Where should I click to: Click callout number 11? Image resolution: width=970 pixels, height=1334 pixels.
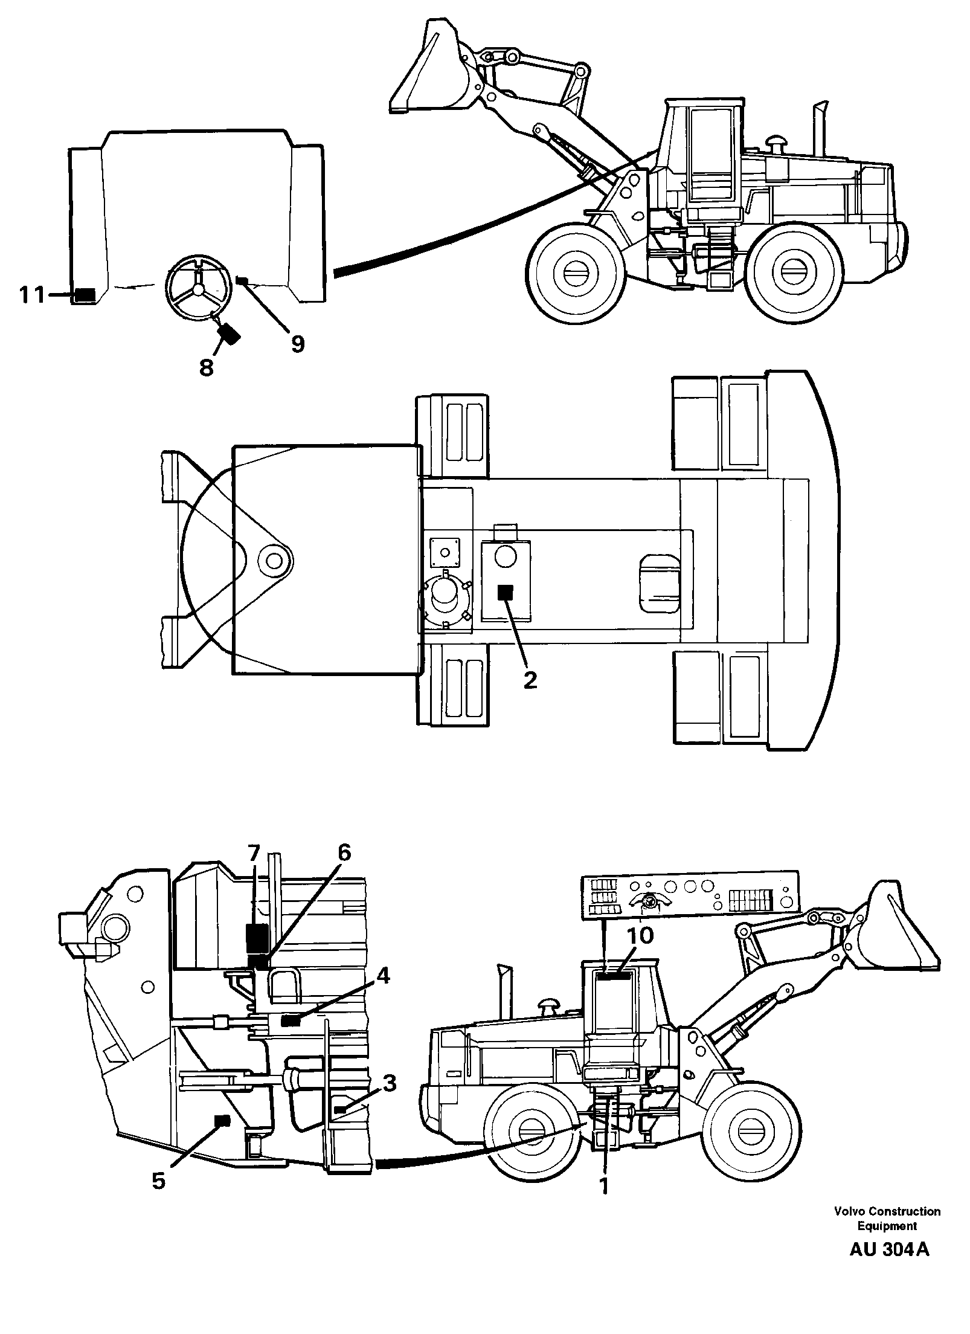click(31, 296)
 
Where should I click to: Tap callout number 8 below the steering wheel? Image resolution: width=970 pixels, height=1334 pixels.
click(207, 367)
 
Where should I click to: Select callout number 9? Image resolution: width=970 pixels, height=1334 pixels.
click(297, 344)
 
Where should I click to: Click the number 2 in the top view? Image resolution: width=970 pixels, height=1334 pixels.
click(529, 680)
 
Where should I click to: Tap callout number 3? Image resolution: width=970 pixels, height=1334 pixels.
click(390, 1083)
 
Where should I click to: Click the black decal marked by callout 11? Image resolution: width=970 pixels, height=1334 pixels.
click(85, 295)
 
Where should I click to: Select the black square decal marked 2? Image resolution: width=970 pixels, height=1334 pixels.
click(505, 593)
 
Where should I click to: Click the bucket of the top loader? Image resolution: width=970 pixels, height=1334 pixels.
click(432, 76)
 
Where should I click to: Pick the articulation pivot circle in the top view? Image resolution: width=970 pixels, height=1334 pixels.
click(274, 559)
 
